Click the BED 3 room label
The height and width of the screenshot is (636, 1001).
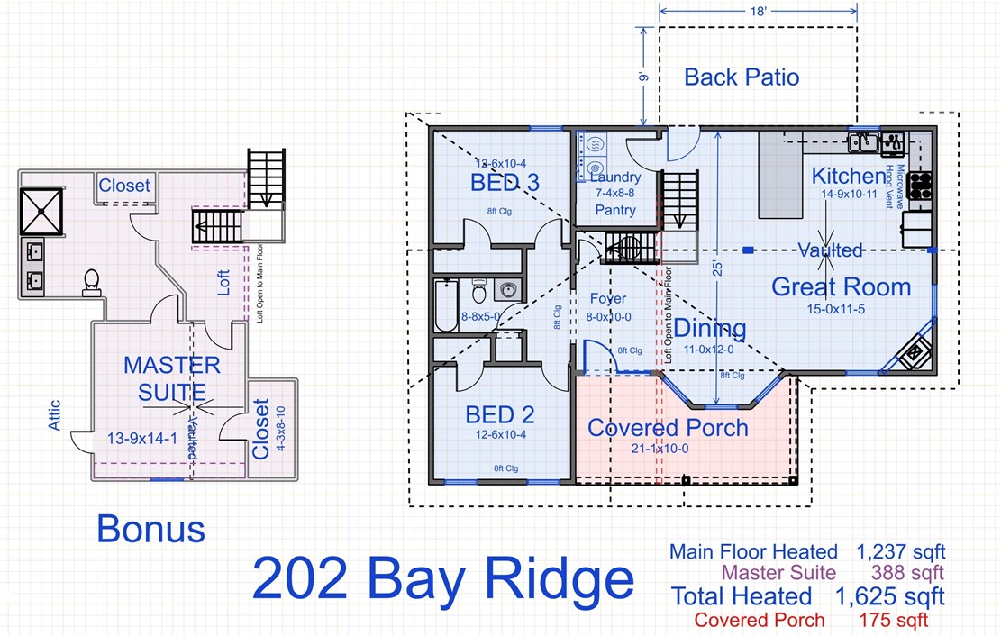[505, 183]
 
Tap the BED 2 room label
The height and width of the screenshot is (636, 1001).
[500, 414]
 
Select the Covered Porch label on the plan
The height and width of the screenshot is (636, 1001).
[668, 427]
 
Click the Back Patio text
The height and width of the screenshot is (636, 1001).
[742, 77]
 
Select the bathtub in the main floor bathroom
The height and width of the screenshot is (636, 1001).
[446, 305]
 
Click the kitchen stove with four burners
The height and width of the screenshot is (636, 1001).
[920, 185]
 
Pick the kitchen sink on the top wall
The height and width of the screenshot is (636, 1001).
[862, 142]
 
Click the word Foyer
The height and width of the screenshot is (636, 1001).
[608, 299]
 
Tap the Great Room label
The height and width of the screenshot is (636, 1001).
[841, 287]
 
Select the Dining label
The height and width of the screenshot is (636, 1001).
[711, 328]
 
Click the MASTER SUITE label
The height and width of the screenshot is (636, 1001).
[172, 379]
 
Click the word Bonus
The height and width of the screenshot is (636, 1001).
[150, 529]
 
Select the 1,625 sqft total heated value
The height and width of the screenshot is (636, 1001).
[889, 596]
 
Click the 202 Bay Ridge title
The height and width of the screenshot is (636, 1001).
[442, 578]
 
